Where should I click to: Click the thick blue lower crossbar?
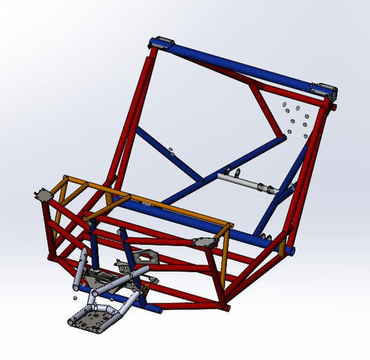pos(201,225)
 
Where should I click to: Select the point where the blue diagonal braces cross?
pos(205,181)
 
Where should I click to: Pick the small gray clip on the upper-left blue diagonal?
pos(169,149)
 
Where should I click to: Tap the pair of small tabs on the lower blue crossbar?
pos(143,204)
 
